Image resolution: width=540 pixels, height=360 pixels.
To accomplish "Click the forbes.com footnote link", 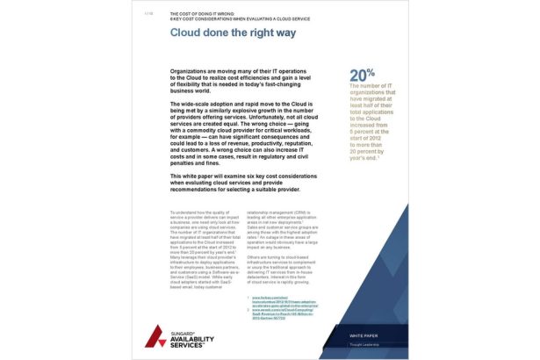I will [263, 298].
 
